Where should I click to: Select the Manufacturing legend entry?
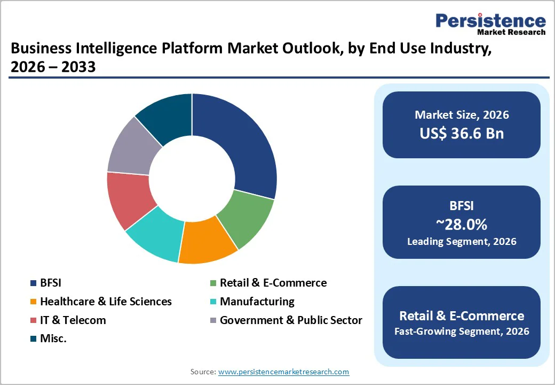coord(257,302)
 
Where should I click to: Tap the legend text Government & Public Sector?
coord(291,320)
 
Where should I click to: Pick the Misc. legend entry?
coord(53,338)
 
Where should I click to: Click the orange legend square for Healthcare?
coord(33,302)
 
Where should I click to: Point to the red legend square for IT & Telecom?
coord(33,321)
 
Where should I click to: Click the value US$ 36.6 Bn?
coord(462,133)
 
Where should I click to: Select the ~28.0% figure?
coord(462,224)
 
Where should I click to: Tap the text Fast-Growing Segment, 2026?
coord(462,332)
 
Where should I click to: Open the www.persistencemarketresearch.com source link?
coord(283,372)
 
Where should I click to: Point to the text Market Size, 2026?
coord(462,114)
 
